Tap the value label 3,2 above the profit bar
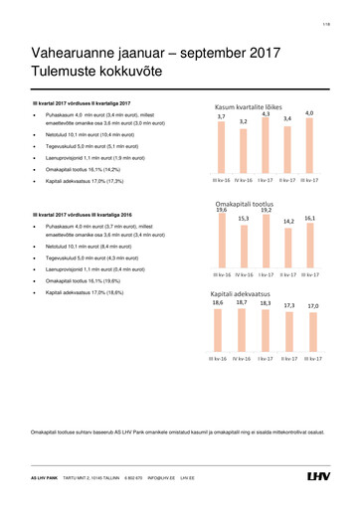pos(243,123)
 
